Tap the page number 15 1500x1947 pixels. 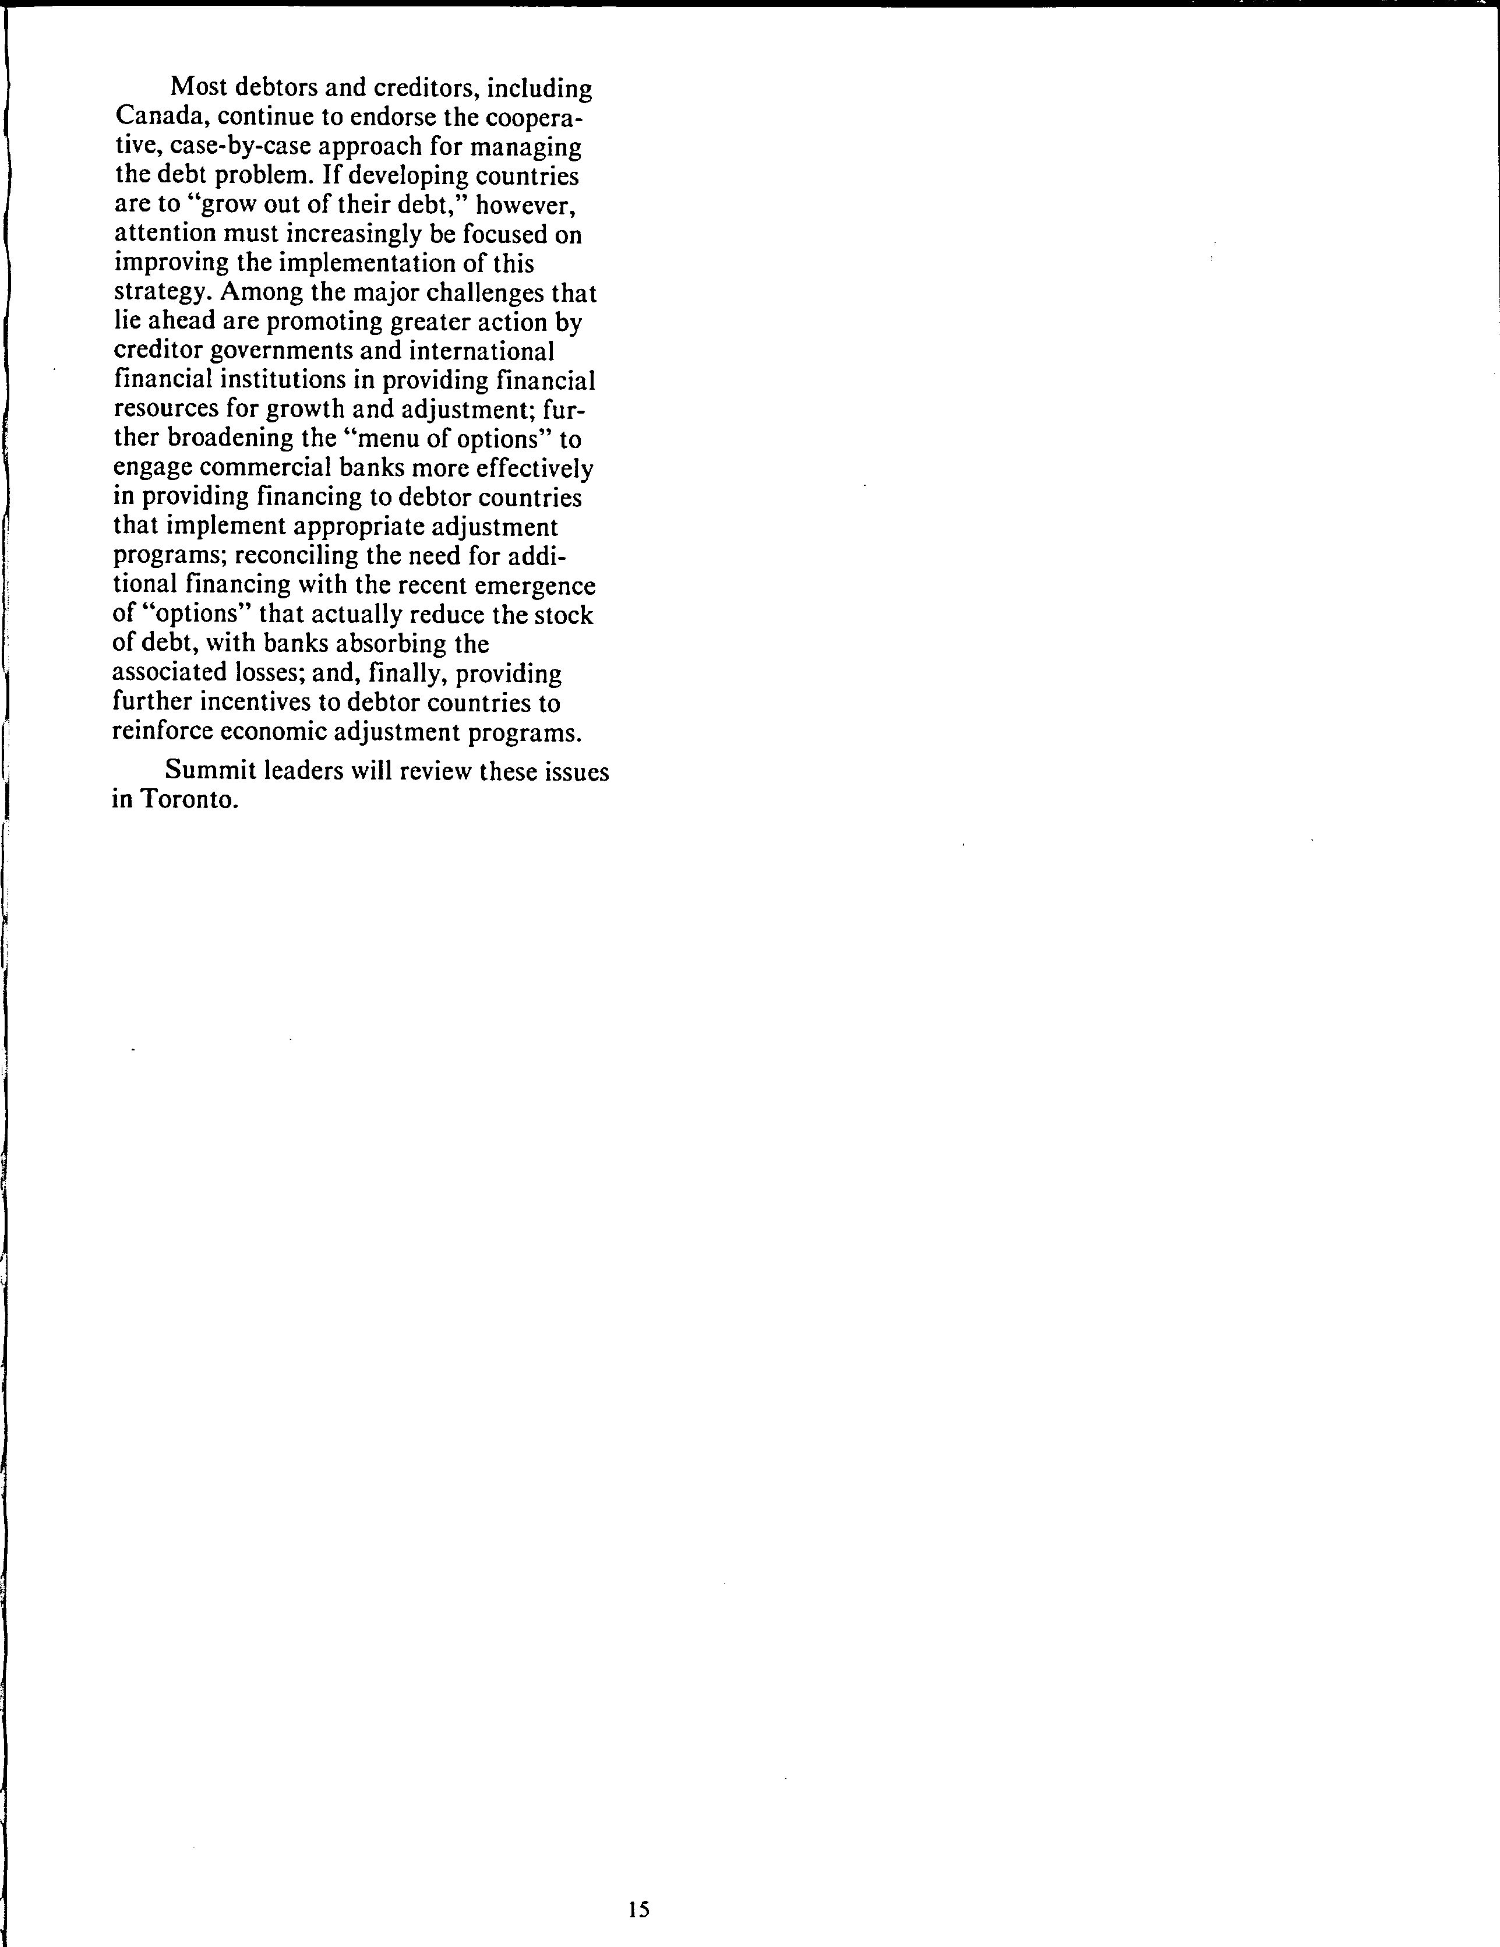(638, 1909)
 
